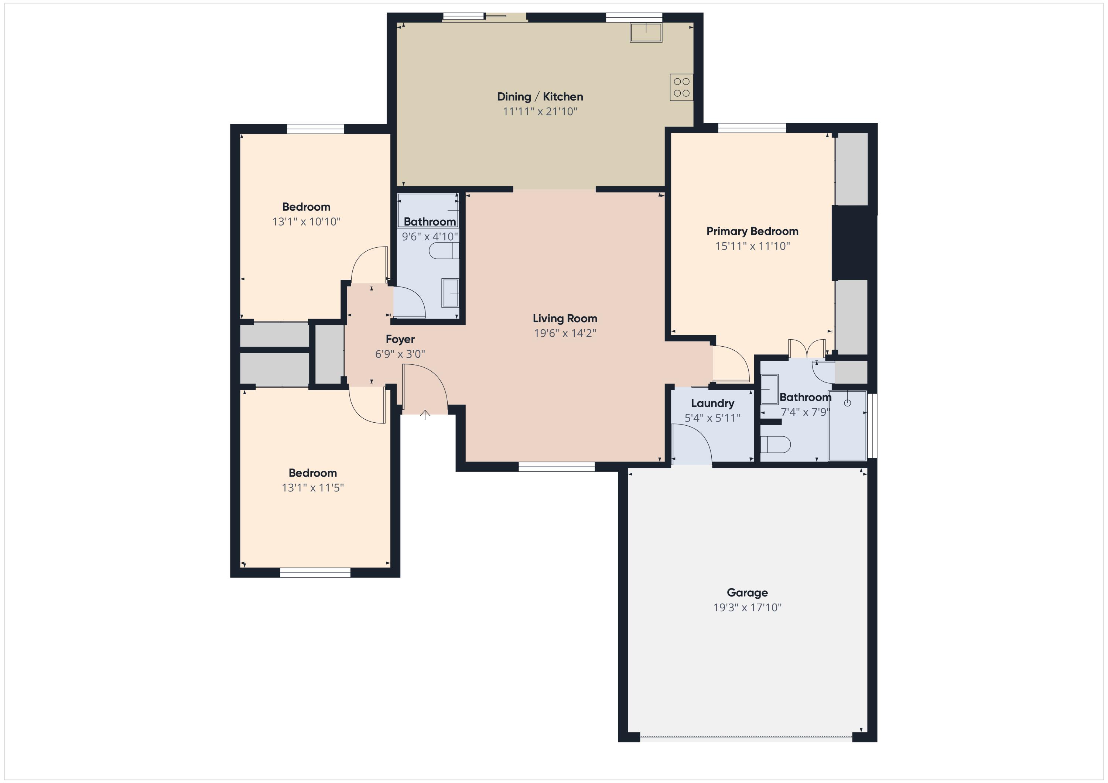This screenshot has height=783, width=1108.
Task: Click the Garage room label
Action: click(747, 593)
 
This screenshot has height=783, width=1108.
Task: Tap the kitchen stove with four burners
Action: click(681, 87)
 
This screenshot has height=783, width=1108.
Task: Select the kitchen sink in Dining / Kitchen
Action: click(646, 32)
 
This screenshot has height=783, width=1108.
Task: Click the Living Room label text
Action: click(565, 319)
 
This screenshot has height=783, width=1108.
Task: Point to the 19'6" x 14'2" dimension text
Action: click(565, 333)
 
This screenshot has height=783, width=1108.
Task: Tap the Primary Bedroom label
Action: click(752, 231)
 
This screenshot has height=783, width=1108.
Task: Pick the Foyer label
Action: click(400, 339)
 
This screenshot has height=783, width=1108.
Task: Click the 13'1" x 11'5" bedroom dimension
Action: click(313, 487)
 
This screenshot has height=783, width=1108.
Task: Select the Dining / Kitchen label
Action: click(540, 96)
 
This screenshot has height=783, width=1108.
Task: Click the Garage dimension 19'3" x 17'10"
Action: click(747, 607)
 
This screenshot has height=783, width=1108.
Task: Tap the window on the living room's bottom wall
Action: click(557, 467)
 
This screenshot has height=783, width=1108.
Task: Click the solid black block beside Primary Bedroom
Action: click(853, 243)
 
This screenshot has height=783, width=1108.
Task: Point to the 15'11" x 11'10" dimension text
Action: click(752, 246)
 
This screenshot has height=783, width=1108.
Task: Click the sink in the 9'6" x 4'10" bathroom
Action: click(450, 293)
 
